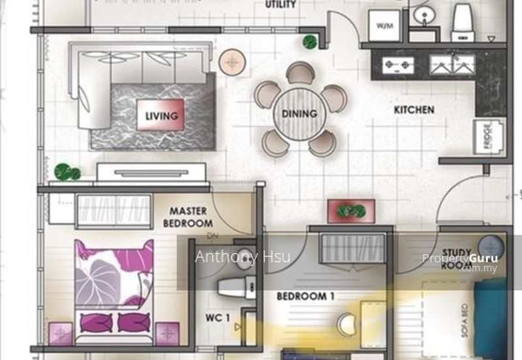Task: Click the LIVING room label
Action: [x=161, y=116]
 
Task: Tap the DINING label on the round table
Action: [x=299, y=113]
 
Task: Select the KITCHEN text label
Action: [x=414, y=110]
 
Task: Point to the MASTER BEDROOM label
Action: [x=188, y=217]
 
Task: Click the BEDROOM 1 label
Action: [x=305, y=296]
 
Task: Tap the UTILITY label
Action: [x=281, y=5]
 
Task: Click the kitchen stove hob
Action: [x=398, y=64]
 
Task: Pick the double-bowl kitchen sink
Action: [x=452, y=64]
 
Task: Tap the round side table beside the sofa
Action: [x=230, y=63]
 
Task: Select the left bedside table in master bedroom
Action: [x=61, y=333]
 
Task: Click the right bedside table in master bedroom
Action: [x=167, y=333]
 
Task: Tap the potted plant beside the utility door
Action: [x=309, y=42]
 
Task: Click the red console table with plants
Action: [x=351, y=211]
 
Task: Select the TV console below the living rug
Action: [x=151, y=172]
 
